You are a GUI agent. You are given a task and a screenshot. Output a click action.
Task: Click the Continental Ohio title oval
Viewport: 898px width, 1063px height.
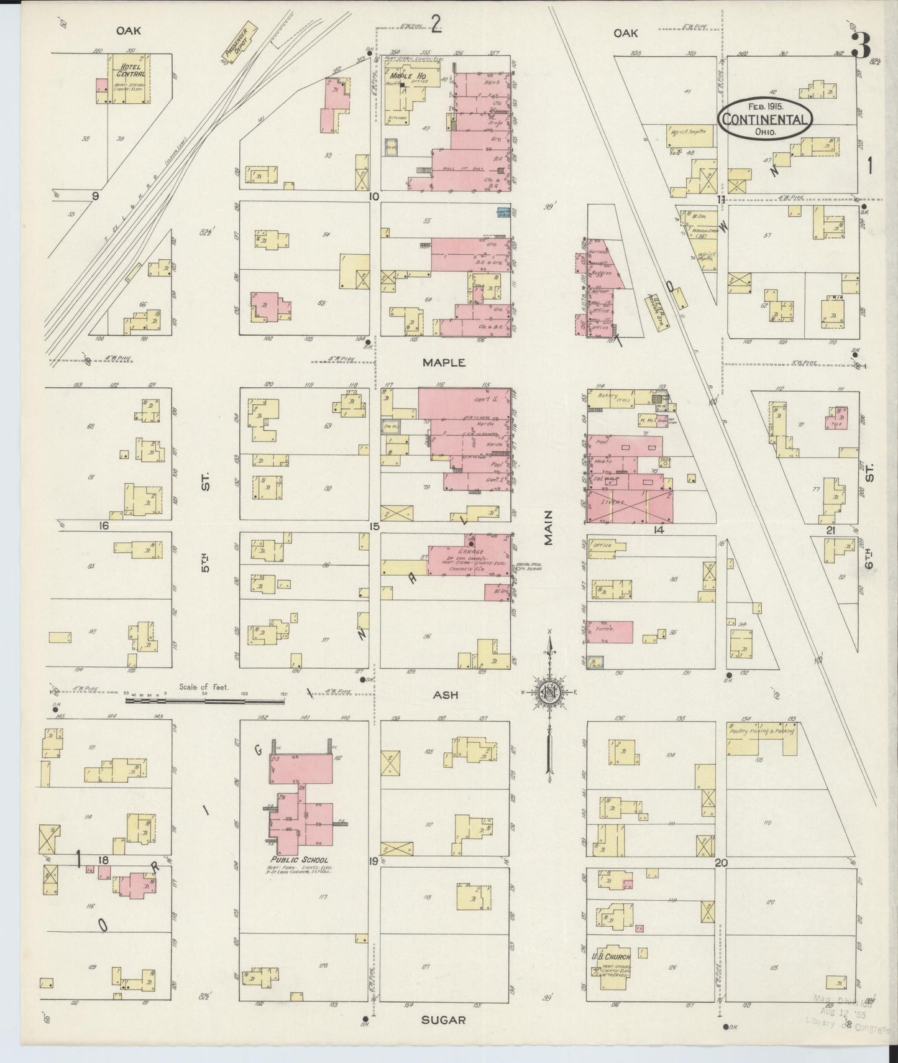click(766, 116)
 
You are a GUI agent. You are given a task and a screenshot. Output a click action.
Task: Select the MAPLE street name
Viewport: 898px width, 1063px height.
click(444, 362)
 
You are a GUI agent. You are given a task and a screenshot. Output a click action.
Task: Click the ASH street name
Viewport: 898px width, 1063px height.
click(446, 695)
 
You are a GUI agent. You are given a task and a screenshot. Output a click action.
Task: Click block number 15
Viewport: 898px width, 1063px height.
click(373, 527)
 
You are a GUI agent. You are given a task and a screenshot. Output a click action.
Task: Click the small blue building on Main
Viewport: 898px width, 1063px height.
click(503, 213)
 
